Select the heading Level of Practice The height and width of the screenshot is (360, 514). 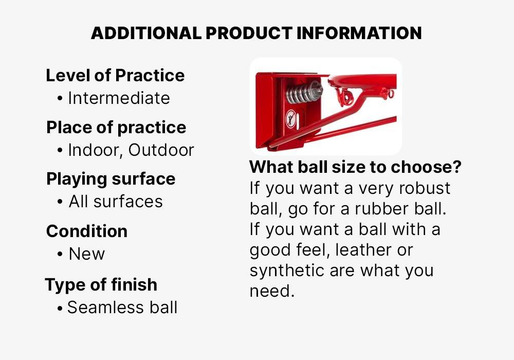point(115,76)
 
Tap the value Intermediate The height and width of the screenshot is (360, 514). point(119,98)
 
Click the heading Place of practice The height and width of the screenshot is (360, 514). point(116,128)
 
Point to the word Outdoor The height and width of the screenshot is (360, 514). point(161,150)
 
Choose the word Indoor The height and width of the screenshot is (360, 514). point(95,150)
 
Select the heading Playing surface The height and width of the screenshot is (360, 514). point(111,179)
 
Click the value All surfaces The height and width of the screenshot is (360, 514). point(116,202)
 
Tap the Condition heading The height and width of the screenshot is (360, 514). point(87,231)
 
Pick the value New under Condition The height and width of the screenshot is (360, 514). point(86,254)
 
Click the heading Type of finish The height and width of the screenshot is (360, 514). point(101,284)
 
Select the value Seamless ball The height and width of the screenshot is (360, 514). point(122,308)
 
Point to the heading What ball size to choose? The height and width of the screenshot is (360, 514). point(355,167)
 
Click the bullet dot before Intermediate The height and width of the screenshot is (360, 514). point(61,98)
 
